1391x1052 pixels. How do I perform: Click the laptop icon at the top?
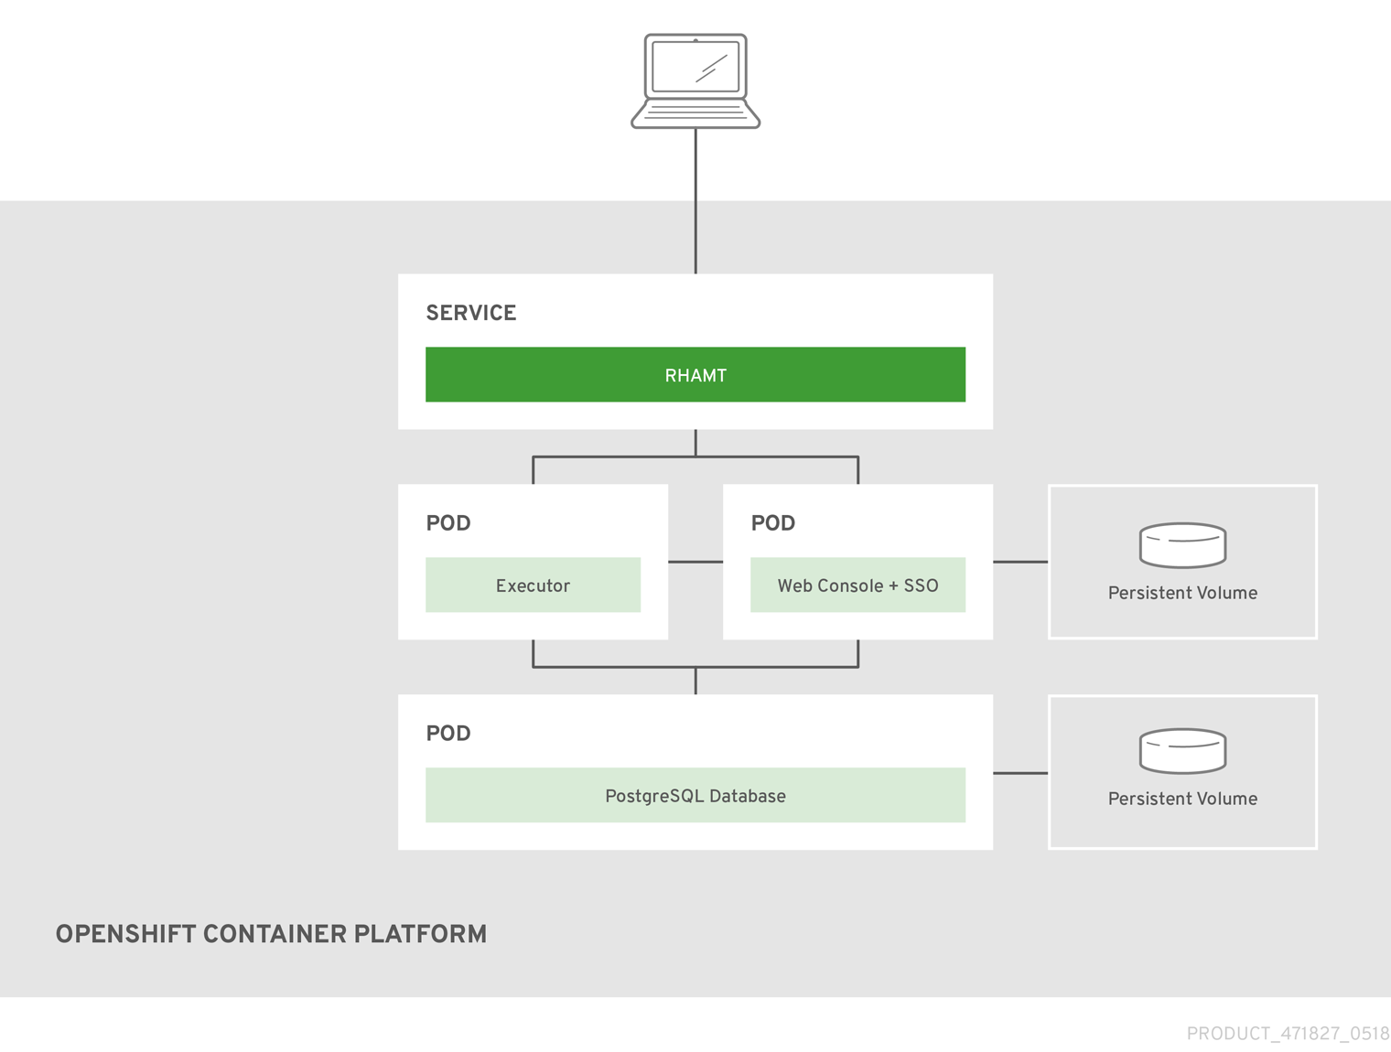pyautogui.click(x=695, y=82)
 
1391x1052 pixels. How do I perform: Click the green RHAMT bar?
pyautogui.click(x=695, y=375)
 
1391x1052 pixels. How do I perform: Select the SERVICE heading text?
pyautogui.click(x=471, y=313)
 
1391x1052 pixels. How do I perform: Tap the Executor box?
pyautogui.click(x=533, y=585)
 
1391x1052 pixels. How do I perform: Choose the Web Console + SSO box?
pyautogui.click(x=857, y=585)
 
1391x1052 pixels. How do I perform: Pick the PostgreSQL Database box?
pyautogui.click(x=695, y=796)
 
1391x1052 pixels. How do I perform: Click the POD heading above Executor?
pyautogui.click(x=448, y=523)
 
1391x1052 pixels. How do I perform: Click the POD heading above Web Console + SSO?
pyautogui.click(x=773, y=523)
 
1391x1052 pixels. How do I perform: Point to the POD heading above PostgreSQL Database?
pyautogui.click(x=448, y=734)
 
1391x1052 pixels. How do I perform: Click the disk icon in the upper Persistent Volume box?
pyautogui.click(x=1182, y=545)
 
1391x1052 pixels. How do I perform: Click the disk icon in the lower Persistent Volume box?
pyautogui.click(x=1182, y=751)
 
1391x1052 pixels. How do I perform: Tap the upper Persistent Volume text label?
pyautogui.click(x=1182, y=593)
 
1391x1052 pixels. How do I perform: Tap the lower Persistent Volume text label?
pyautogui.click(x=1182, y=799)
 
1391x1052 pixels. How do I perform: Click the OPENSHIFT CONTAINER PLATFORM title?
pyautogui.click(x=271, y=934)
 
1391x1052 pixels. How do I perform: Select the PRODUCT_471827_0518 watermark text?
pyautogui.click(x=1288, y=1034)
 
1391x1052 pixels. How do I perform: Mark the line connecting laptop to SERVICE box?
pyautogui.click(x=695, y=201)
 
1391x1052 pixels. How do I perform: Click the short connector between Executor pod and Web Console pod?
pyautogui.click(x=695, y=562)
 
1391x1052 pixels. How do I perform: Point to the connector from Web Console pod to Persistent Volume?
pyautogui.click(x=1020, y=562)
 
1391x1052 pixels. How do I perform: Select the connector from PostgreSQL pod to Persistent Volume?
pyautogui.click(x=1020, y=773)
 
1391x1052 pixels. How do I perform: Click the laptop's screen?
pyautogui.click(x=695, y=67)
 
